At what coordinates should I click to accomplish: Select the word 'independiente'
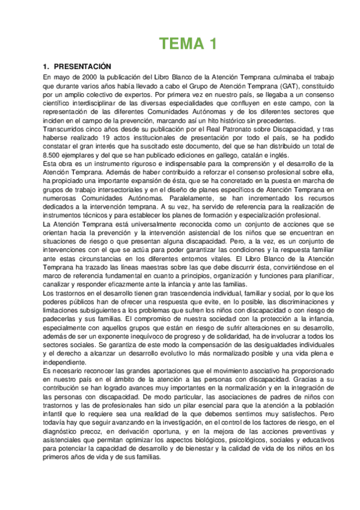pos(66,363)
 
